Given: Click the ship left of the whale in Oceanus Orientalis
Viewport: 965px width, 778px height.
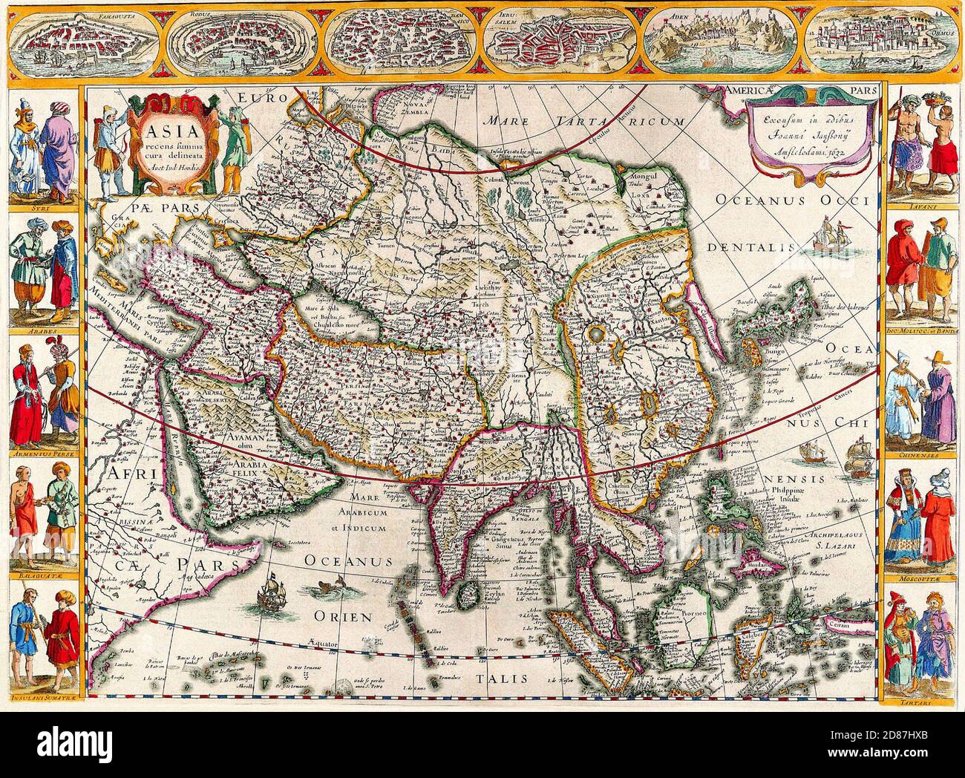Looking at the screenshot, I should click(272, 589).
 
